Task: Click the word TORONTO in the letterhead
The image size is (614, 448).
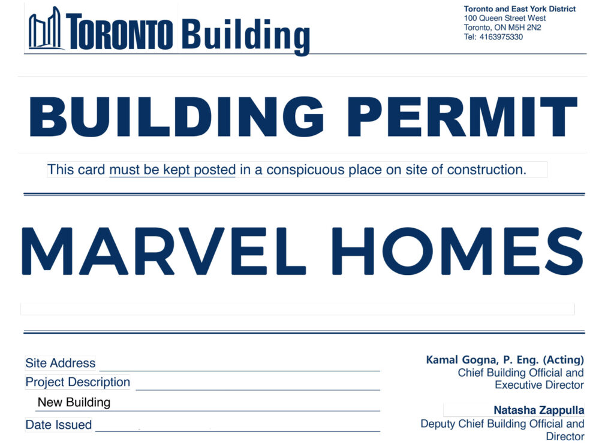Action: pyautogui.click(x=119, y=31)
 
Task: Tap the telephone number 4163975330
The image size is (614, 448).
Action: pyautogui.click(x=501, y=37)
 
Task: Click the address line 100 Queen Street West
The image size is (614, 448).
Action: pyautogui.click(x=504, y=19)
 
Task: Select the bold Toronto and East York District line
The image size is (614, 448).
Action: pyautogui.click(x=520, y=9)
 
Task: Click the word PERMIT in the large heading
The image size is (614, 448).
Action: pyautogui.click(x=462, y=117)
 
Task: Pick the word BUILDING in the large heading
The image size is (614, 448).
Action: pyautogui.click(x=177, y=117)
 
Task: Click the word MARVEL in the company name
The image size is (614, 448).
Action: pyautogui.click(x=164, y=251)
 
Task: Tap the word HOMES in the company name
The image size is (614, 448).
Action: pyautogui.click(x=458, y=251)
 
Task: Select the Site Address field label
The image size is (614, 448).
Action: pyautogui.click(x=61, y=363)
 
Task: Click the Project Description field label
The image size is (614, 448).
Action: pyautogui.click(x=77, y=382)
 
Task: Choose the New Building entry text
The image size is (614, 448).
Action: pyautogui.click(x=74, y=402)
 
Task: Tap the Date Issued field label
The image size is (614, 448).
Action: pyautogui.click(x=59, y=425)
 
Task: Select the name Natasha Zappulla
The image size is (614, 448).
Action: pyautogui.click(x=539, y=410)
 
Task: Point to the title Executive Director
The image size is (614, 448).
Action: pyautogui.click(x=539, y=385)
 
